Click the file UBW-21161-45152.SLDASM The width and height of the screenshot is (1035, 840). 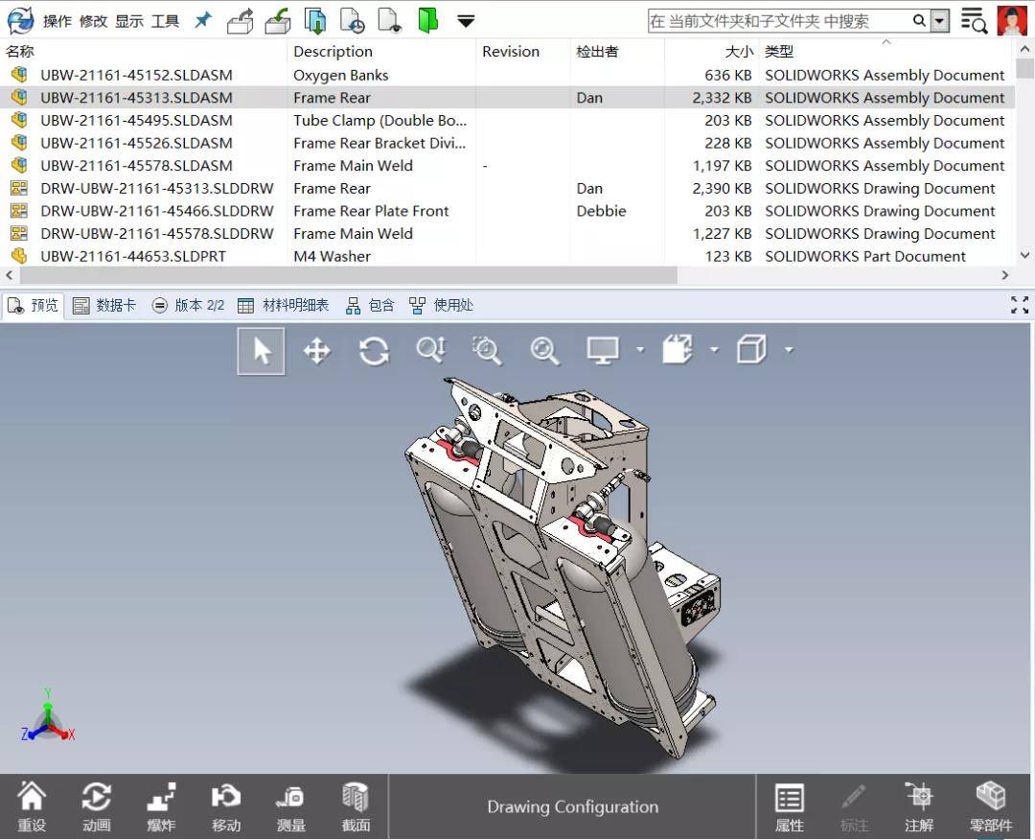136,75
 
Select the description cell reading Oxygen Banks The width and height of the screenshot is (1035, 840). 340,75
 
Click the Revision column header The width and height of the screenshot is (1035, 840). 511,52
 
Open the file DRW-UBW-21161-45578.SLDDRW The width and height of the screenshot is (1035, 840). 156,234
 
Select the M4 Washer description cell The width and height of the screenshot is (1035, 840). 332,256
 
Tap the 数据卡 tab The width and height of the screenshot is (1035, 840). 104,305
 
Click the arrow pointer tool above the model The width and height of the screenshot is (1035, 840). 262,351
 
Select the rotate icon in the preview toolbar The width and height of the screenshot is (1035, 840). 374,351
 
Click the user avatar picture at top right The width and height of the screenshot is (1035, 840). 1012,20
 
